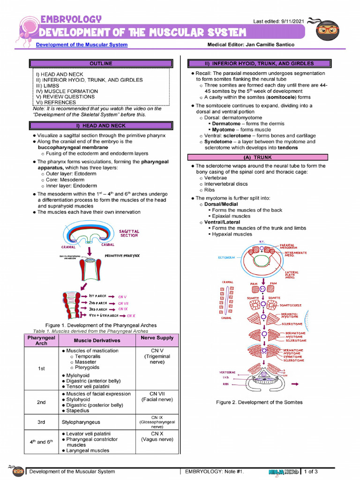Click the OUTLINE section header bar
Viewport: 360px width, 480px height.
click(101, 63)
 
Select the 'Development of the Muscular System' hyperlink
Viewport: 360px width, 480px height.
click(82, 45)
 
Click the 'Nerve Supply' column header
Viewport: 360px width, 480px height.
click(157, 337)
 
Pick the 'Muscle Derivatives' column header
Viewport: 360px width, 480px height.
click(97, 340)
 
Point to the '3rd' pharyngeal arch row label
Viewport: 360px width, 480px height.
click(41, 422)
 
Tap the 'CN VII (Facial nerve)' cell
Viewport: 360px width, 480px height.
click(157, 397)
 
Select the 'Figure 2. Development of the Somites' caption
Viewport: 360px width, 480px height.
click(259, 402)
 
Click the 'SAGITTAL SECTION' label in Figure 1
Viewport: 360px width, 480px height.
click(129, 233)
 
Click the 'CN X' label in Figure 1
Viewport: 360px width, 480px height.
click(131, 316)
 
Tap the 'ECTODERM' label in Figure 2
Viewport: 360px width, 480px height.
click(226, 258)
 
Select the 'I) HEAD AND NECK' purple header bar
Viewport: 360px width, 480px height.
click(101, 126)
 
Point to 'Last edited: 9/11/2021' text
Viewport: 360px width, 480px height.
click(278, 22)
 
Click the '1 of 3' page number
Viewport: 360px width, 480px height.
click(311, 472)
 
